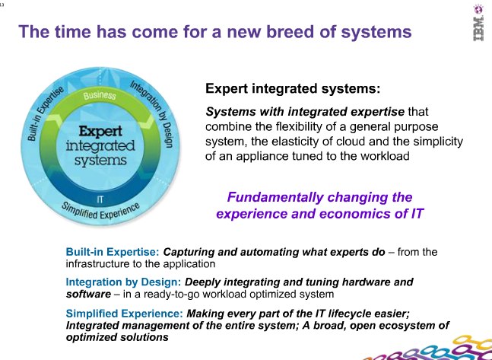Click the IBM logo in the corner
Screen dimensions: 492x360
coord(478,23)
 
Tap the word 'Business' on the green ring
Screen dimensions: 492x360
coord(100,95)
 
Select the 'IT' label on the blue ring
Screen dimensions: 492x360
coord(100,200)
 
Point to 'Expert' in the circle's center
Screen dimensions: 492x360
coord(100,132)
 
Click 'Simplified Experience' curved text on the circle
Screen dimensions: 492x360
coord(100,211)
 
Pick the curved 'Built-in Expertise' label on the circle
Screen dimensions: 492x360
coord(45,113)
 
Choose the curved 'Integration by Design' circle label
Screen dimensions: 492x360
coord(153,113)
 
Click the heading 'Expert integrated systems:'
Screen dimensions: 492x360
coord(293,88)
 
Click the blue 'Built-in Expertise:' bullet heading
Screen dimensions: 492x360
coord(113,252)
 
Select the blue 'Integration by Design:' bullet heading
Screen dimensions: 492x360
coord(123,282)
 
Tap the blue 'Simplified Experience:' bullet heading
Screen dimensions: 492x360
coord(124,314)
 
